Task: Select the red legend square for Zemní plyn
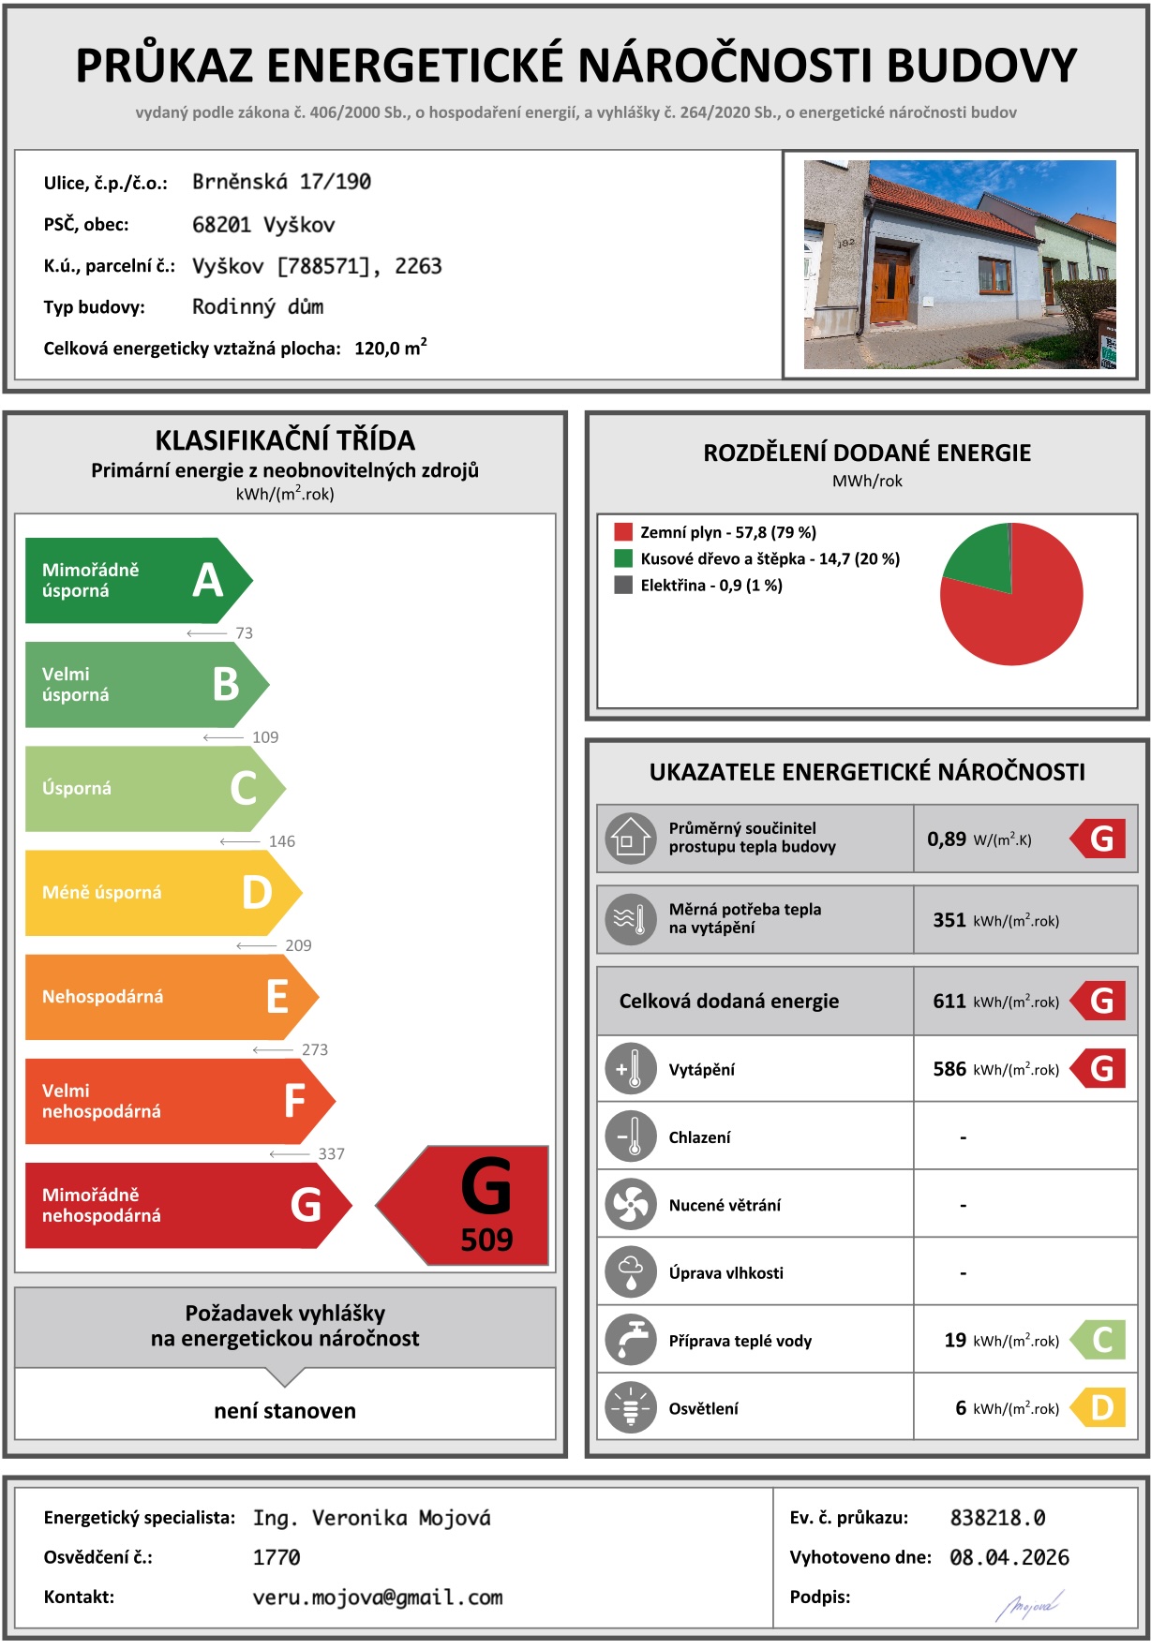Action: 623,532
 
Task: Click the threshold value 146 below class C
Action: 281,841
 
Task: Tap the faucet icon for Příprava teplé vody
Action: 631,1341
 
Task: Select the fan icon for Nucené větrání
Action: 631,1205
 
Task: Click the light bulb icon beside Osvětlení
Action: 631,1408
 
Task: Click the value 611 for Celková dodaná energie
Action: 949,1002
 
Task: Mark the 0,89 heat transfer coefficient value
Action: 947,839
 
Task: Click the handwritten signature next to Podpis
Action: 1028,1605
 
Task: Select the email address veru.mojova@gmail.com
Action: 378,1597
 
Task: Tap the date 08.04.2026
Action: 1009,1557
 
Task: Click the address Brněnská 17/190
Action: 281,182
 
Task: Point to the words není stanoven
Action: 285,1411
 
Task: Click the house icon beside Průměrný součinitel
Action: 630,839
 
